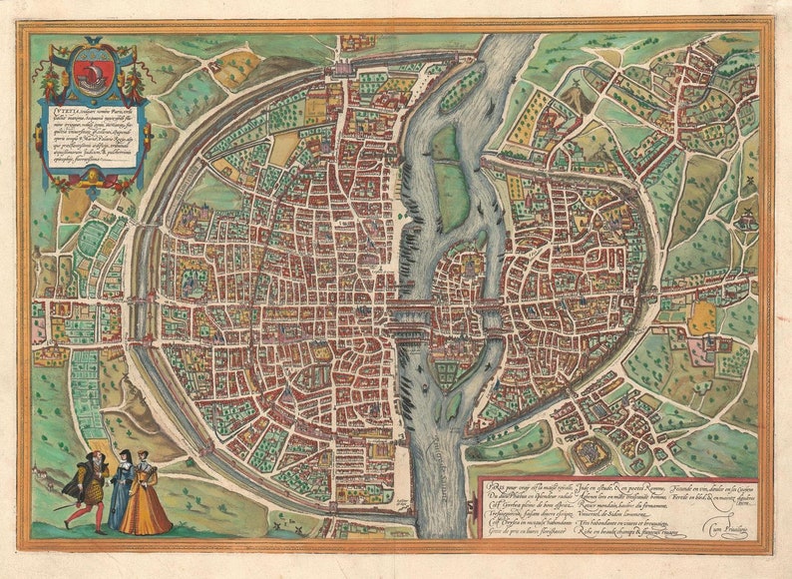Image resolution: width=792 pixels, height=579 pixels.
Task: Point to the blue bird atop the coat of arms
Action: (x=92, y=43)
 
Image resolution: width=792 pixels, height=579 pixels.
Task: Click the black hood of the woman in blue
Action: (x=124, y=458)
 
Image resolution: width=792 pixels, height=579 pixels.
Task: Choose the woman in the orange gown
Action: (x=147, y=499)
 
